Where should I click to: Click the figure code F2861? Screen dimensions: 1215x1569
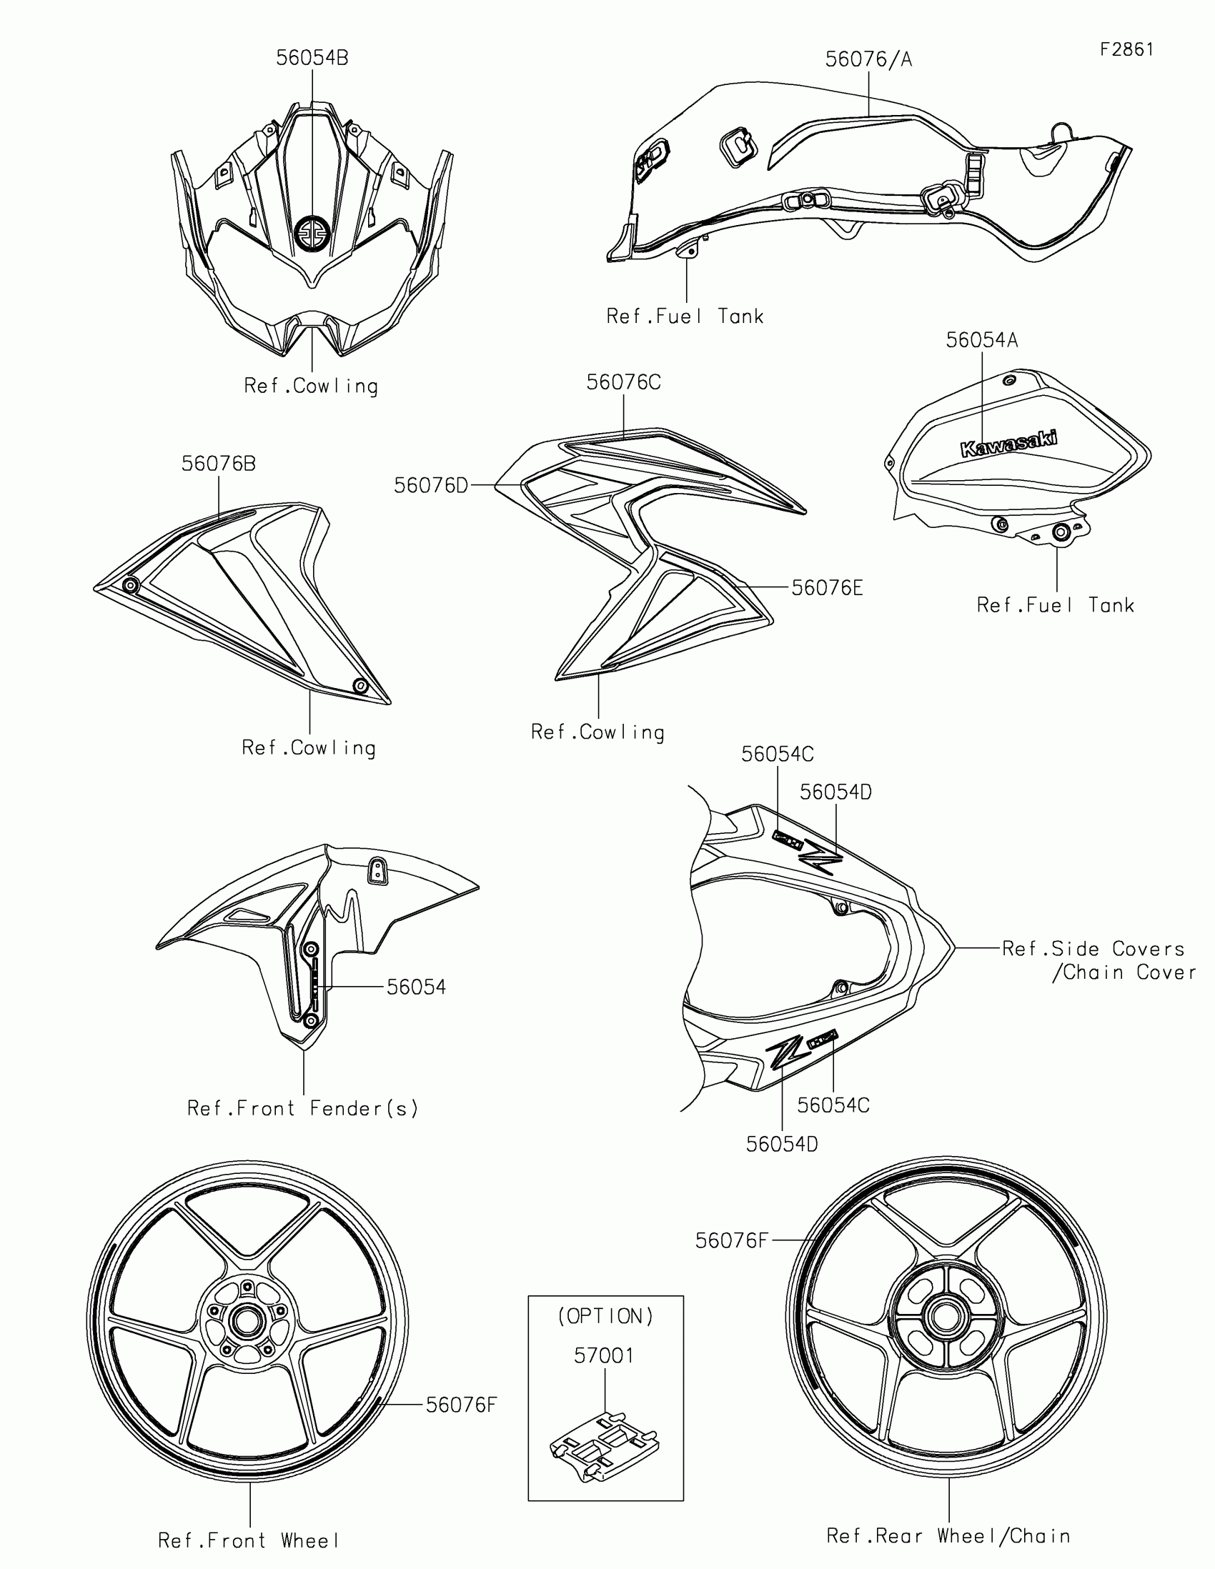(x=1126, y=49)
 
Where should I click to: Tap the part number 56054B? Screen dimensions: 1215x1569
(x=312, y=58)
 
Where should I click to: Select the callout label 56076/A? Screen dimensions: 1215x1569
(x=868, y=59)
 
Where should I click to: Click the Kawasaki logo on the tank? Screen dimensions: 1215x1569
(x=1008, y=443)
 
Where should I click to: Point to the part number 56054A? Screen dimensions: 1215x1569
(x=981, y=340)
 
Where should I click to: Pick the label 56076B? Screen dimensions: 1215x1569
(x=219, y=464)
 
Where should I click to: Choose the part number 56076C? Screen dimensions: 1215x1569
(x=623, y=382)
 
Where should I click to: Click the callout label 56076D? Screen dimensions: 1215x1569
(x=430, y=486)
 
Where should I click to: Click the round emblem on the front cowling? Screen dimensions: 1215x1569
(x=312, y=234)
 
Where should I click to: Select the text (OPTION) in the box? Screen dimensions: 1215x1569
(x=605, y=1316)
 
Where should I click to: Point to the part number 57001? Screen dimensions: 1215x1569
(x=604, y=1356)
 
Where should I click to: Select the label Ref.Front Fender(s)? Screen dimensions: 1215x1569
(x=302, y=1108)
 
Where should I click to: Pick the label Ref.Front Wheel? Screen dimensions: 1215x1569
(x=249, y=1540)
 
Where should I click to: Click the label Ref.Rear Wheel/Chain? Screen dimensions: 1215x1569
(x=948, y=1536)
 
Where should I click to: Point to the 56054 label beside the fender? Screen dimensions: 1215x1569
(x=416, y=987)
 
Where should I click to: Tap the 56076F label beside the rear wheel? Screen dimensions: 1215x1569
(x=731, y=1240)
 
